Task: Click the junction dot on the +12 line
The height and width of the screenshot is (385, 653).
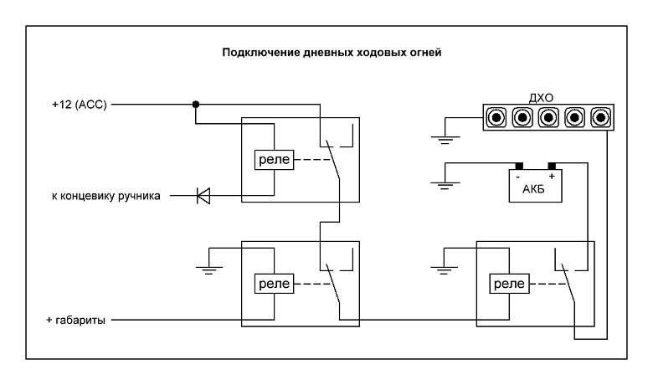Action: pyautogui.click(x=195, y=105)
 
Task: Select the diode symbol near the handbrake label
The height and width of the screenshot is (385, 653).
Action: pyautogui.click(x=203, y=196)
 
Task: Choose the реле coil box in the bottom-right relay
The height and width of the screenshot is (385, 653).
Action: pyautogui.click(x=507, y=284)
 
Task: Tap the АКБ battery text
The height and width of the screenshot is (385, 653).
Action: pyautogui.click(x=534, y=187)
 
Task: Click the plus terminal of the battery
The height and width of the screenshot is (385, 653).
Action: pyautogui.click(x=552, y=167)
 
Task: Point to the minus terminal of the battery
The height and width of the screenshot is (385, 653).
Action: pyautogui.click(x=519, y=167)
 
